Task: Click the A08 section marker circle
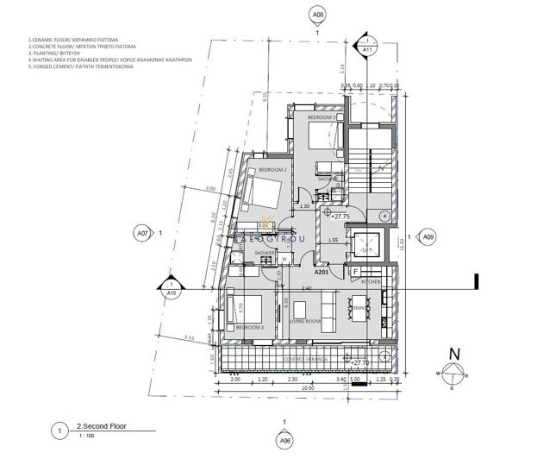pos(319,16)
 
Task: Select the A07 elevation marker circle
pos(142,232)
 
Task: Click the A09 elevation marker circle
pos(428,235)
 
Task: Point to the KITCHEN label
pos(372,282)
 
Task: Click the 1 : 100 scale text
pos(87,436)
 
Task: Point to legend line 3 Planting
pos(52,53)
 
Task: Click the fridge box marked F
pos(355,272)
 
